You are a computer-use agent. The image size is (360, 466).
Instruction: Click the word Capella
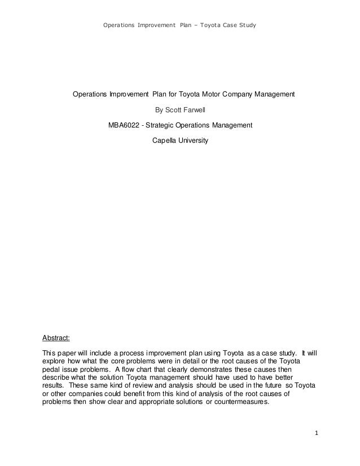tap(165, 139)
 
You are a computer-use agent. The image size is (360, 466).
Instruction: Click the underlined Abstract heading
tap(56, 338)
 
